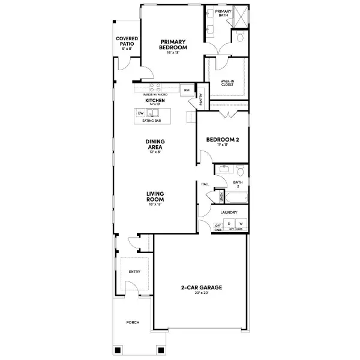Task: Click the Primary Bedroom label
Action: point(173,44)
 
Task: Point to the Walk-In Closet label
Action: point(227,83)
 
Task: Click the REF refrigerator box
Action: point(187,90)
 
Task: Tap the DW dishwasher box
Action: point(140,113)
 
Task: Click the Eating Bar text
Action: point(151,121)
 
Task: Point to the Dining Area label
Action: point(155,145)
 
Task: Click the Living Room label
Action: point(155,196)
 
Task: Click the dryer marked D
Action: point(229,224)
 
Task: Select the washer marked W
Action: point(241,224)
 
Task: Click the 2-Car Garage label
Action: point(202,288)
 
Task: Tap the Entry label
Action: point(134,272)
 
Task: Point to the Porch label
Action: point(133,322)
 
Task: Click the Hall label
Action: point(205,184)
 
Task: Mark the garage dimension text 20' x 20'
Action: point(202,293)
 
